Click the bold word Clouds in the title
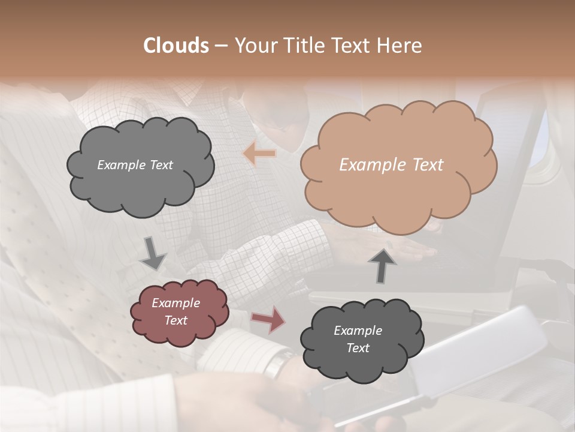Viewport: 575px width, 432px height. [x=176, y=46]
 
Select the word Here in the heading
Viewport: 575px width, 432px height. [x=401, y=46]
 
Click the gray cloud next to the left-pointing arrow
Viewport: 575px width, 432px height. [x=140, y=166]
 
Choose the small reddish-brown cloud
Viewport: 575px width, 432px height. [x=178, y=311]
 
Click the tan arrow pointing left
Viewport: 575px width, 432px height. [x=260, y=154]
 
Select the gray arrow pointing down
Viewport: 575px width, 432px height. [x=153, y=253]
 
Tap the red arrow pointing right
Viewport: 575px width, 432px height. [x=268, y=319]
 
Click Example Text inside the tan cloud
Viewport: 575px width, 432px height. [x=391, y=165]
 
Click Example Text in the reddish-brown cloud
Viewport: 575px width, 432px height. [x=176, y=311]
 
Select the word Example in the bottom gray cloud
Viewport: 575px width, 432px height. [x=358, y=331]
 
